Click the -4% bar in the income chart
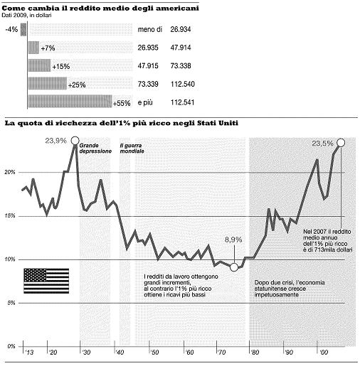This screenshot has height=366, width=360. [x=23, y=29]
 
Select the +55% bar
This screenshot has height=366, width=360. [x=70, y=102]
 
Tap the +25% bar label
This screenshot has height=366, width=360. [x=77, y=85]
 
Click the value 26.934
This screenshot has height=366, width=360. [x=181, y=29]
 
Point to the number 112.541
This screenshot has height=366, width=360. [x=182, y=102]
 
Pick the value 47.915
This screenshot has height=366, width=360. [x=148, y=65]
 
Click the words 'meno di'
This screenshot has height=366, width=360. [x=150, y=29]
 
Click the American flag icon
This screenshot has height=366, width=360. [x=46, y=281]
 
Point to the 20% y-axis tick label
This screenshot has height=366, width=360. [x=10, y=172]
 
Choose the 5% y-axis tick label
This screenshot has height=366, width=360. [x=11, y=303]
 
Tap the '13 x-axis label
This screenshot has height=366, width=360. [x=29, y=352]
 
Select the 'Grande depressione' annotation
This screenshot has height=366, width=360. [x=95, y=149]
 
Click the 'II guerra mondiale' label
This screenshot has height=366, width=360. [x=132, y=149]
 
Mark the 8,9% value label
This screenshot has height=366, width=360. [x=233, y=239]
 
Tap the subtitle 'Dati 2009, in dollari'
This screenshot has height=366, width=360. [x=26, y=16]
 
